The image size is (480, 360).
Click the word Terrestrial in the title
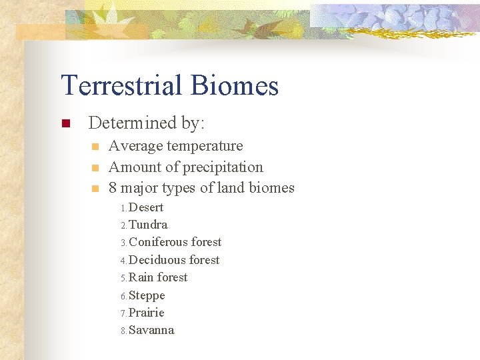(x=123, y=86)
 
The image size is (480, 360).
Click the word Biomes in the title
(x=234, y=86)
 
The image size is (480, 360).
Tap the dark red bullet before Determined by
(x=65, y=123)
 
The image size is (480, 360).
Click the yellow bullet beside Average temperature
(x=95, y=147)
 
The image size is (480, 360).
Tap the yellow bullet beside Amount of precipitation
(x=95, y=168)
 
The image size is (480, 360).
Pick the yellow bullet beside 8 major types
(x=95, y=189)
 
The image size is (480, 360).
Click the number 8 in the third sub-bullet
(x=113, y=188)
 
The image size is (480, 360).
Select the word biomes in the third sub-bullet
(x=271, y=188)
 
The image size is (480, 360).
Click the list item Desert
(x=145, y=207)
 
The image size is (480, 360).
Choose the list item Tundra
(x=147, y=225)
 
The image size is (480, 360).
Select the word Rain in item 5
(x=141, y=277)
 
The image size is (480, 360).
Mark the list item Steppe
(x=146, y=295)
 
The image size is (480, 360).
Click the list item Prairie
(x=146, y=313)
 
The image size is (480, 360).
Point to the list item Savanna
(x=151, y=330)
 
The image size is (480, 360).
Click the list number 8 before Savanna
(x=123, y=331)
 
